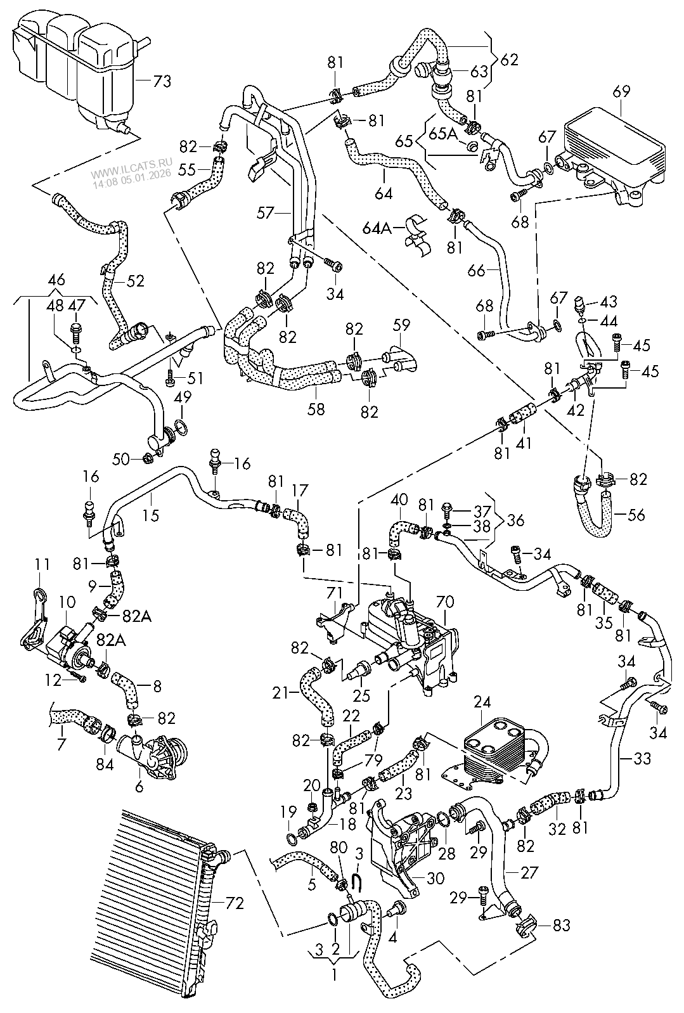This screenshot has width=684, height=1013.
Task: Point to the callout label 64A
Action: (378, 226)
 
